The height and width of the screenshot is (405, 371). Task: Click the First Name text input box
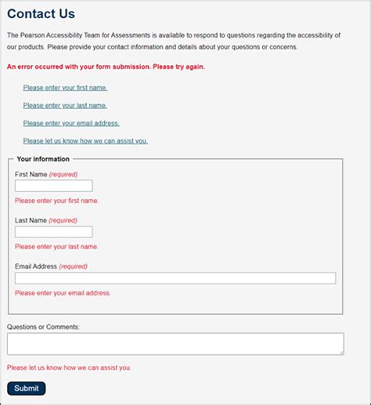(x=53, y=186)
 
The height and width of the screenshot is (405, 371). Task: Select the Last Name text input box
(x=53, y=232)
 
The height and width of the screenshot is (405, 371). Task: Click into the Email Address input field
(x=175, y=278)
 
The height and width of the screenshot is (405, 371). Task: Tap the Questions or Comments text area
(x=175, y=344)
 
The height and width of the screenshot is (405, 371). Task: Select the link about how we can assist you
(x=85, y=141)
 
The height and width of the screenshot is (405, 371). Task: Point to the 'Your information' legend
(x=43, y=159)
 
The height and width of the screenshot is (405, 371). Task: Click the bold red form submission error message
(x=106, y=67)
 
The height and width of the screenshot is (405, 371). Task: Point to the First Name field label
(x=31, y=174)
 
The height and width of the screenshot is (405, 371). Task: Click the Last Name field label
(x=31, y=220)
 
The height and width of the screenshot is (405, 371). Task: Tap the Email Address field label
(x=36, y=266)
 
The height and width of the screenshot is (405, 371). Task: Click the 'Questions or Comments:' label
(x=44, y=326)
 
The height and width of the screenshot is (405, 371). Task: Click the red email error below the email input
(x=63, y=293)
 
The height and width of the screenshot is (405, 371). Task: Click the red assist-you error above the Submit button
(x=69, y=367)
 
